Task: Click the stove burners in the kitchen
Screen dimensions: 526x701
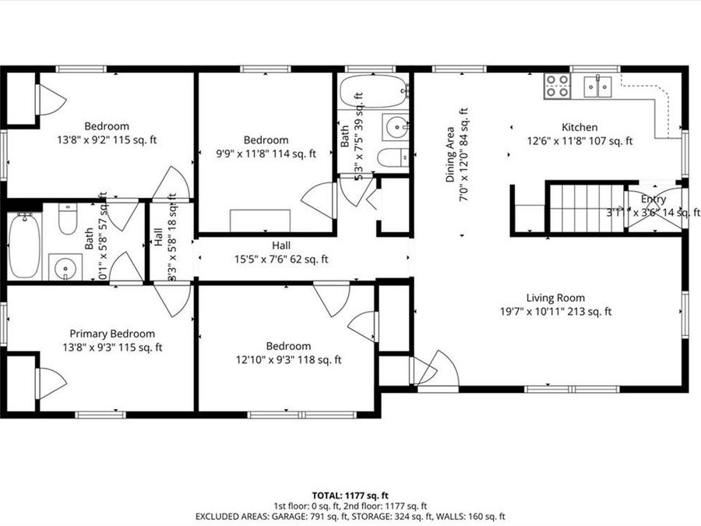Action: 557,85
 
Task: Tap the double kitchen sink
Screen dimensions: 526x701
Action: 598,85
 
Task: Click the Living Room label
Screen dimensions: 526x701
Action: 555,298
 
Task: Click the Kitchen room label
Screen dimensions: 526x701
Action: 579,127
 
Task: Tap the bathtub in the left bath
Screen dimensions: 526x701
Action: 24,245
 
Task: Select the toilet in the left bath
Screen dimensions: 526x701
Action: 68,220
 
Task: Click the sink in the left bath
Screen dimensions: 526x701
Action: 65,268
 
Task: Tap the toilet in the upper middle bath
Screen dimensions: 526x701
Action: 393,157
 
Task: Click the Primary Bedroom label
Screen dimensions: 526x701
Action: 112,334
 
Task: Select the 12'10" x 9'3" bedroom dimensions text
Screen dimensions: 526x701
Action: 287,360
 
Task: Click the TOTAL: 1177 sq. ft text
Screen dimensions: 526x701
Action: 350,495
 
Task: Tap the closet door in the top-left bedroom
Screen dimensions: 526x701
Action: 51,99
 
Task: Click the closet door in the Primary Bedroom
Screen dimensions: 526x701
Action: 51,383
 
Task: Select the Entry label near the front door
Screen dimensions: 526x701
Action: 653,199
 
